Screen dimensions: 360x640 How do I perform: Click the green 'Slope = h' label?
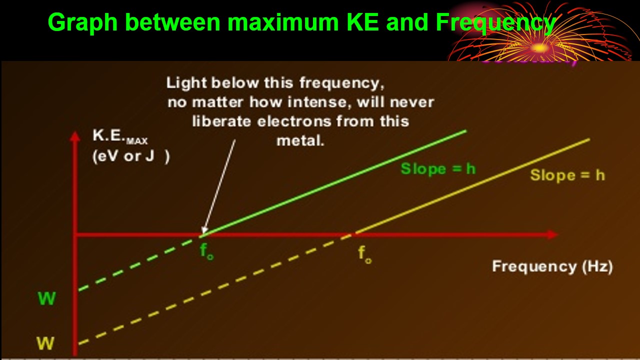pos(437,169)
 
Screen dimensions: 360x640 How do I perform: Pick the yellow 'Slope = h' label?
pos(567,175)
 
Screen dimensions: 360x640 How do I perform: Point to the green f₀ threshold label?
pos(207,251)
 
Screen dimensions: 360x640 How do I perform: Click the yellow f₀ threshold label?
pos(364,254)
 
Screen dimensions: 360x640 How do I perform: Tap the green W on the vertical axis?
pos(46,298)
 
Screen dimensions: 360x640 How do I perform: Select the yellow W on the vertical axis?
pos(45,343)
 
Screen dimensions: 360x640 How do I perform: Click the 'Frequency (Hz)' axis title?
pos(552,266)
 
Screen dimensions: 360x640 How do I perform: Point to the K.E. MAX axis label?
pos(120,136)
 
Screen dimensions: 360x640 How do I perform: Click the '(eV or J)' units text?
pos(131,156)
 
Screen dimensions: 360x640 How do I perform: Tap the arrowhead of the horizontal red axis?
pos(551,234)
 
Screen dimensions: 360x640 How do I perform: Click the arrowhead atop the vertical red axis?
pos(75,136)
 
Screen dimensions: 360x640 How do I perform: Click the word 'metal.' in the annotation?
pos(300,140)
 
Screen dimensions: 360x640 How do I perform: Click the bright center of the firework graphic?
pos(538,48)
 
